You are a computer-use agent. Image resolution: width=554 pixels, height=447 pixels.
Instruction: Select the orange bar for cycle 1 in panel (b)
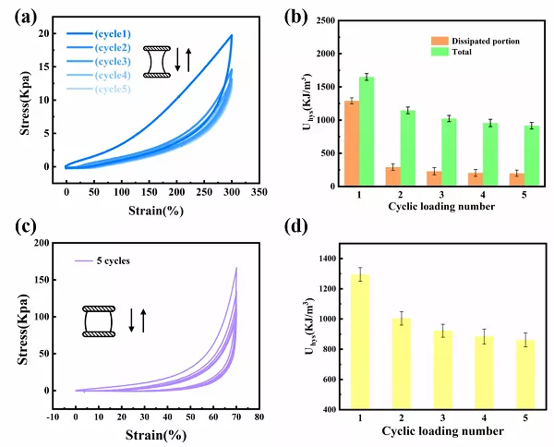pyautogui.click(x=351, y=143)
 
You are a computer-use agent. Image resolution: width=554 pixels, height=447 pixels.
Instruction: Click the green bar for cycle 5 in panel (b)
pyautogui.click(x=505, y=155)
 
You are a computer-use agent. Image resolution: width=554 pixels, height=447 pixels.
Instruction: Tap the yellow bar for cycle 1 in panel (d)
pyautogui.click(x=361, y=341)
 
